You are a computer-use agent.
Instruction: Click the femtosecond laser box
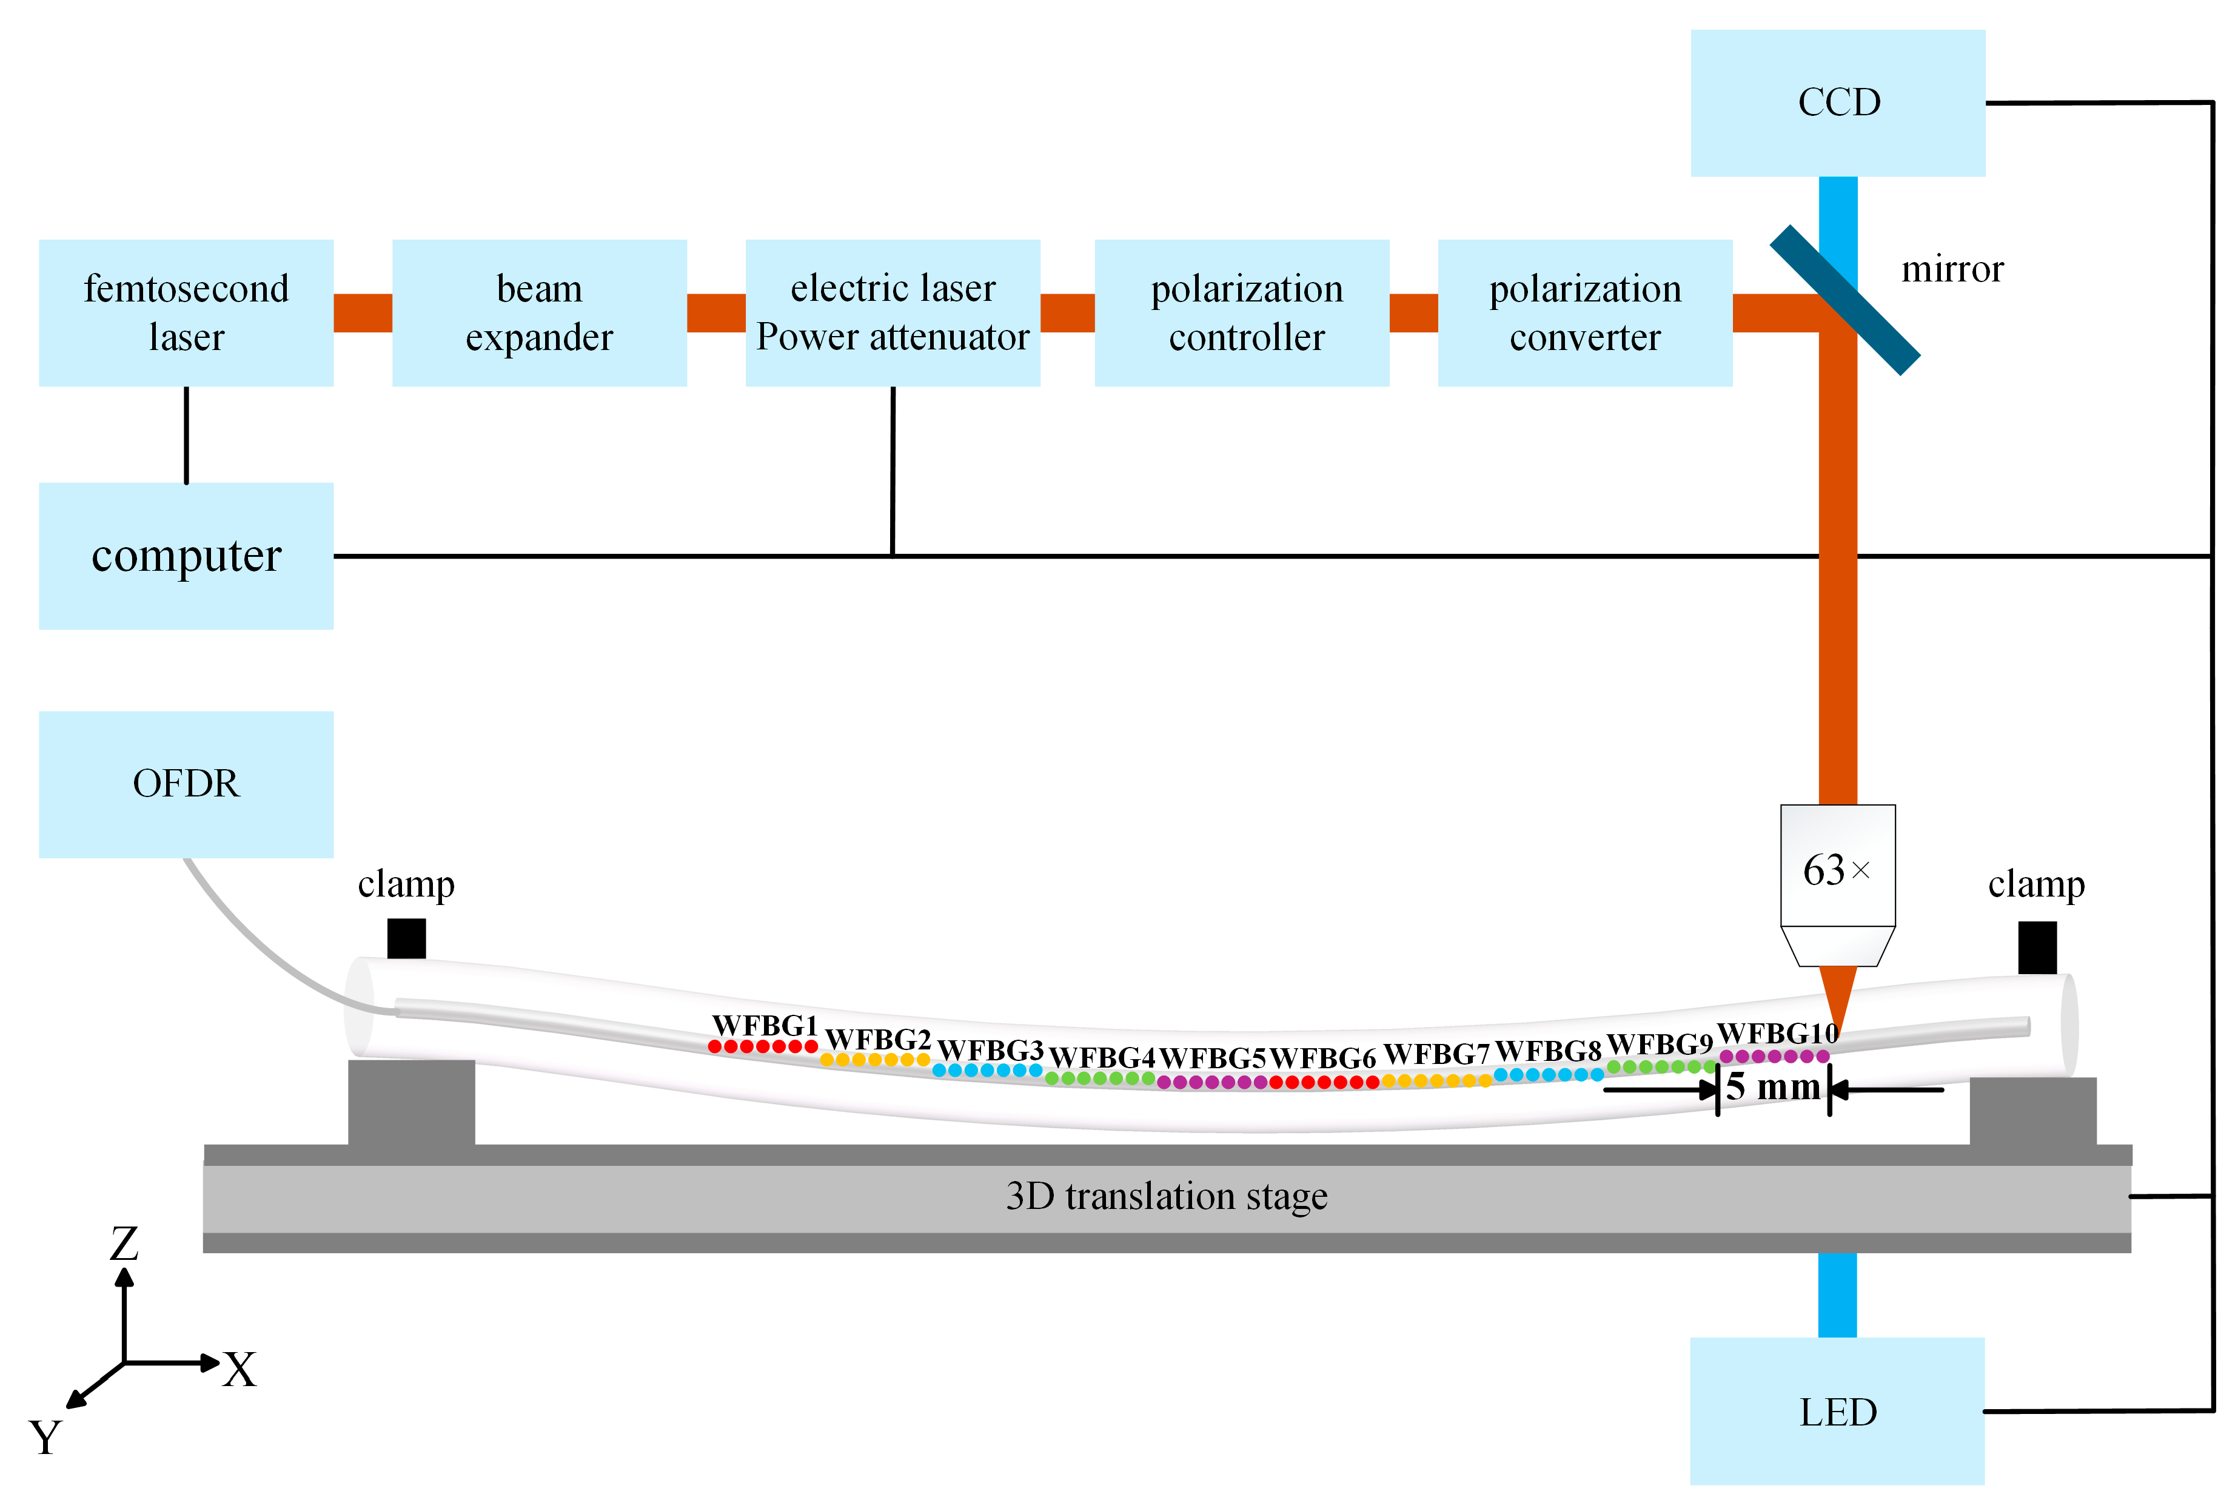pos(186,312)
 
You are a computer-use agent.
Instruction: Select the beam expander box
pos(538,312)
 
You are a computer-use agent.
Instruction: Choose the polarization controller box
pos(1241,312)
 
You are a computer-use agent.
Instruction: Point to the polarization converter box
pos(1584,312)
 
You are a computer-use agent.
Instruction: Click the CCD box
pos(1837,103)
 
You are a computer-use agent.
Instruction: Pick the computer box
pos(186,556)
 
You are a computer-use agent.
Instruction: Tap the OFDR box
pos(186,784)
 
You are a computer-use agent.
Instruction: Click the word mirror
pos(1952,269)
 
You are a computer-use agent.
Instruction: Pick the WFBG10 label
pos(1777,1033)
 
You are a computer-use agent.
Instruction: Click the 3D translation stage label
pos(1166,1196)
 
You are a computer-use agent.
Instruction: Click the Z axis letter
pos(124,1244)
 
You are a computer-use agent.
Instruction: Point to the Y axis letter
pos(45,1438)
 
